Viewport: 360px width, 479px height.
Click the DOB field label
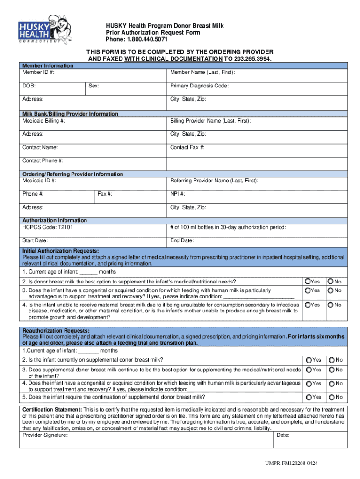tap(29, 86)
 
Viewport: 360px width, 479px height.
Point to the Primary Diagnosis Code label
tap(199, 86)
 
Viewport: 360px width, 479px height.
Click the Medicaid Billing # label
tap(43, 121)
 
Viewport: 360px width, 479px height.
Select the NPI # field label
tap(178, 194)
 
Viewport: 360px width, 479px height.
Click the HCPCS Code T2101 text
tap(47, 227)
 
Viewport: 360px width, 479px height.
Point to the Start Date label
tap(35, 241)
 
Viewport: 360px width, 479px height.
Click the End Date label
tap(182, 241)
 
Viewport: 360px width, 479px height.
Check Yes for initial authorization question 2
tap(308, 282)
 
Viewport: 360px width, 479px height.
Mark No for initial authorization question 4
tap(331, 305)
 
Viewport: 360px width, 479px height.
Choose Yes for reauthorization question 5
tap(309, 398)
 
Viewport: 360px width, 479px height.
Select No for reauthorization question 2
tap(331, 360)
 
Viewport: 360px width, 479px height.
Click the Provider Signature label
tap(45, 435)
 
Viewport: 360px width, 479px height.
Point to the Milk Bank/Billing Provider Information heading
tap(70, 114)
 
